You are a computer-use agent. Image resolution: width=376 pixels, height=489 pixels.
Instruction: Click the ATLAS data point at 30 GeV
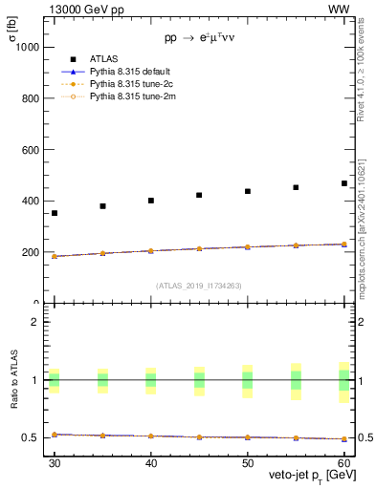click(55, 213)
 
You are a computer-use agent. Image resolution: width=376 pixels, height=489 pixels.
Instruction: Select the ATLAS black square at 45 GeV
click(199, 195)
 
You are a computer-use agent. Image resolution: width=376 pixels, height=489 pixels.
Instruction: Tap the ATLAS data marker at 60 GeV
click(344, 183)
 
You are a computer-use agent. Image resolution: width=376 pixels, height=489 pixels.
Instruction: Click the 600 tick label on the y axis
click(30, 150)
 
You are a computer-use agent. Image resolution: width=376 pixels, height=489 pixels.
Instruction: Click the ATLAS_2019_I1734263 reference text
click(199, 285)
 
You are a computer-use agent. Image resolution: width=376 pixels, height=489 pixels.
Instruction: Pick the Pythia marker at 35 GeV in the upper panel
click(102, 253)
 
